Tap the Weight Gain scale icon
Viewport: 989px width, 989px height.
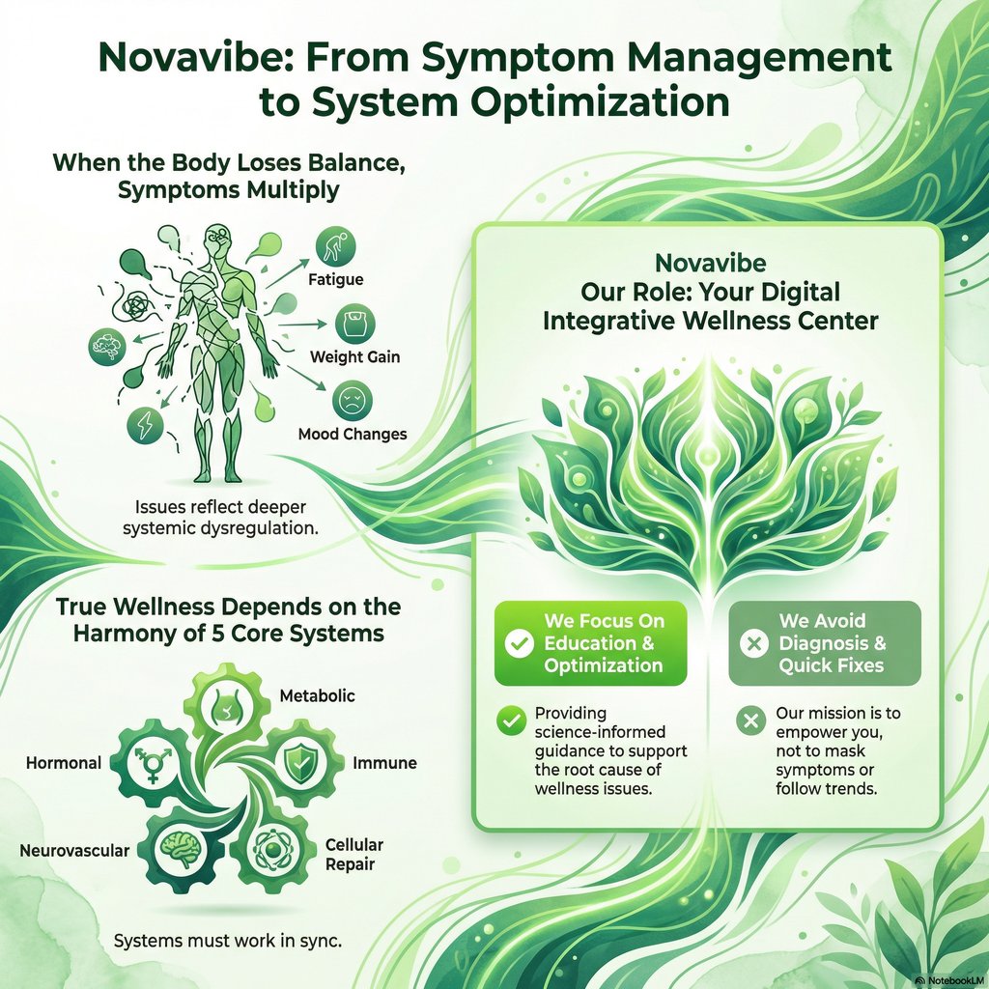[354, 323]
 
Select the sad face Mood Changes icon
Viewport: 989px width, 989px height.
[352, 400]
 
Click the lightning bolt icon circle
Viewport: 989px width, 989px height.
[146, 425]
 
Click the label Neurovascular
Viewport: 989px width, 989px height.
[74, 851]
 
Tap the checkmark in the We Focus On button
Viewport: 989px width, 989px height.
[520, 643]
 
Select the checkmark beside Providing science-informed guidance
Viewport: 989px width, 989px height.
[508, 720]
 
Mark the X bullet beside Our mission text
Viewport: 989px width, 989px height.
[749, 720]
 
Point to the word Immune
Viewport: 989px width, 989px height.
[384, 763]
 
